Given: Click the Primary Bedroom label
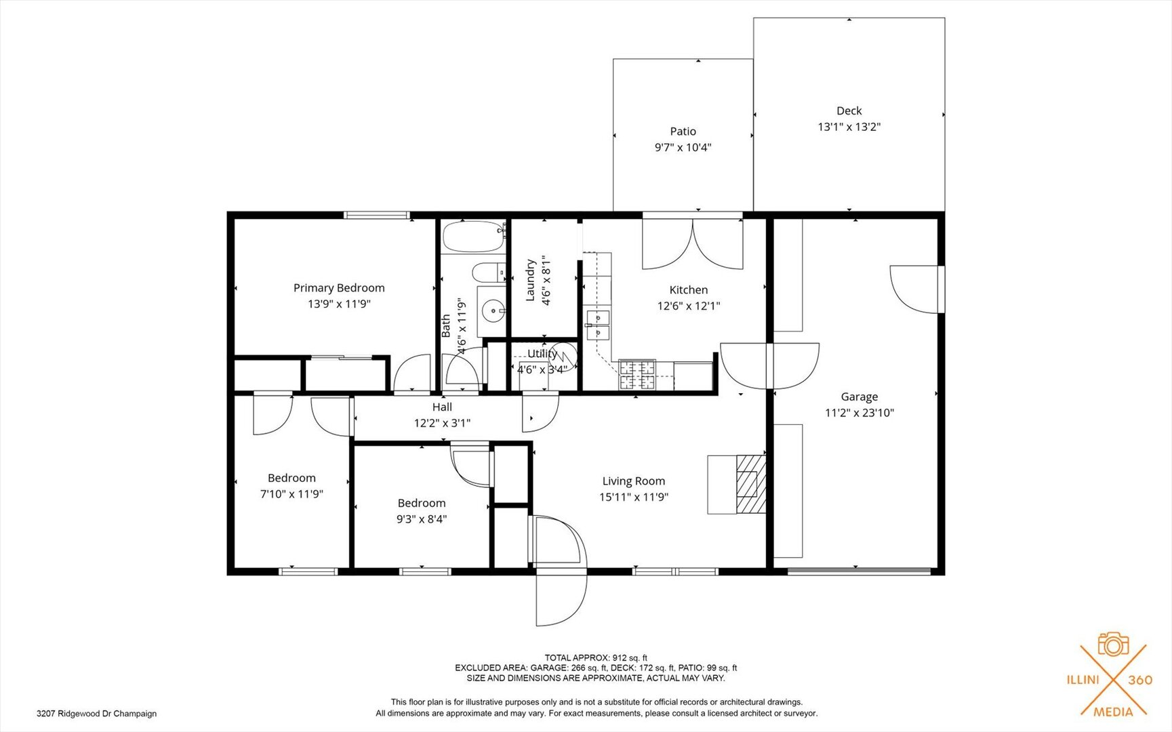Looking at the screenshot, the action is click(339, 288).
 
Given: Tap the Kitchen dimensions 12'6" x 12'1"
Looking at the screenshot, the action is click(689, 306).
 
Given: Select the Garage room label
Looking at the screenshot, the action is click(860, 397).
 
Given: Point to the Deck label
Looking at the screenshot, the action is click(849, 110).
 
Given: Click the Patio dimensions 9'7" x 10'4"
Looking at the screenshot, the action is click(683, 147).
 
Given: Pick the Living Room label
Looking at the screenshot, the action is click(634, 481).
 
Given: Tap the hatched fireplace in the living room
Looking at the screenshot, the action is click(751, 484).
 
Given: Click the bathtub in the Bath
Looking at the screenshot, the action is click(474, 237).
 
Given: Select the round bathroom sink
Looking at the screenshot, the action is click(493, 312).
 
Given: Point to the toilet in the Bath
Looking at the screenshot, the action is click(489, 273).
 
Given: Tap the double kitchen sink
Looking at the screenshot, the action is click(598, 325).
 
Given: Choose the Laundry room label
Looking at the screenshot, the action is click(531, 280).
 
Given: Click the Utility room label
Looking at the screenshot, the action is click(542, 354).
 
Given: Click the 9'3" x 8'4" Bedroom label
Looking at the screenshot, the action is click(422, 503).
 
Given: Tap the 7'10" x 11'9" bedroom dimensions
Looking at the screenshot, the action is click(291, 494).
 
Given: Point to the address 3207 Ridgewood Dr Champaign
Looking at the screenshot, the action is click(96, 714).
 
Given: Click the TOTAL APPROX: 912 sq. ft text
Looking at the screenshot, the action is click(596, 657).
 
